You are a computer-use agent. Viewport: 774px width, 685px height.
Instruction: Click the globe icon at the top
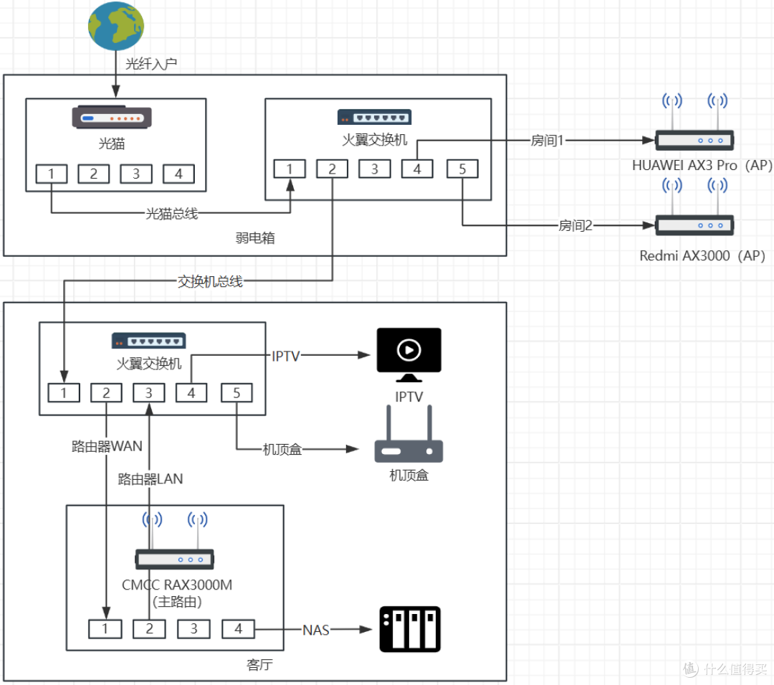pyautogui.click(x=116, y=26)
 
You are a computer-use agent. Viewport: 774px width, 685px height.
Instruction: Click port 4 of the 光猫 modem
pyautogui.click(x=178, y=174)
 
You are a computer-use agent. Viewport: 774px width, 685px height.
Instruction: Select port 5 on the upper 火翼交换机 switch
pyautogui.click(x=462, y=169)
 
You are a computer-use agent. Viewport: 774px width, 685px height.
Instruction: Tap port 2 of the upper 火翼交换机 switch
pyautogui.click(x=333, y=169)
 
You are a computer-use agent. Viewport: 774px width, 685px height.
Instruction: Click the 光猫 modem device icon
pyautogui.click(x=112, y=118)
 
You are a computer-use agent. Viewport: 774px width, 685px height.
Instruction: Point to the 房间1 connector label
pyautogui.click(x=547, y=141)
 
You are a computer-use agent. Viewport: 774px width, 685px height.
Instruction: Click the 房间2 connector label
pyautogui.click(x=575, y=226)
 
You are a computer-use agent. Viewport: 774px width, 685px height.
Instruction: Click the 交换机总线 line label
pyautogui.click(x=210, y=281)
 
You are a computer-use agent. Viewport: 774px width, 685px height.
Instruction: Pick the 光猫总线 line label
pyautogui.click(x=172, y=214)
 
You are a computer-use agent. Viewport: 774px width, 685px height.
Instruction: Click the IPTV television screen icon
pyautogui.click(x=408, y=355)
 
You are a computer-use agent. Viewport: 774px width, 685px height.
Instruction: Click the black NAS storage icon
pyautogui.click(x=410, y=629)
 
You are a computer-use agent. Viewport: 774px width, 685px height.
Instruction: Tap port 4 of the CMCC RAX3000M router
pyautogui.click(x=239, y=629)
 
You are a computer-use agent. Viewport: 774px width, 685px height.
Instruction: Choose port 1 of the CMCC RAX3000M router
pyautogui.click(x=105, y=629)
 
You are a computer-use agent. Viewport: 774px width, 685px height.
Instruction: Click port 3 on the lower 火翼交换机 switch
pyautogui.click(x=148, y=393)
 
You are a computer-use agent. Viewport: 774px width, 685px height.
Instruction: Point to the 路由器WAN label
pyautogui.click(x=107, y=446)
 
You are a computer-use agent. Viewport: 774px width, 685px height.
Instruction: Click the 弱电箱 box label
pyautogui.click(x=255, y=238)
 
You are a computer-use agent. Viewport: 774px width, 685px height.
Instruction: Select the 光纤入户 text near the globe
pyautogui.click(x=151, y=64)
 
